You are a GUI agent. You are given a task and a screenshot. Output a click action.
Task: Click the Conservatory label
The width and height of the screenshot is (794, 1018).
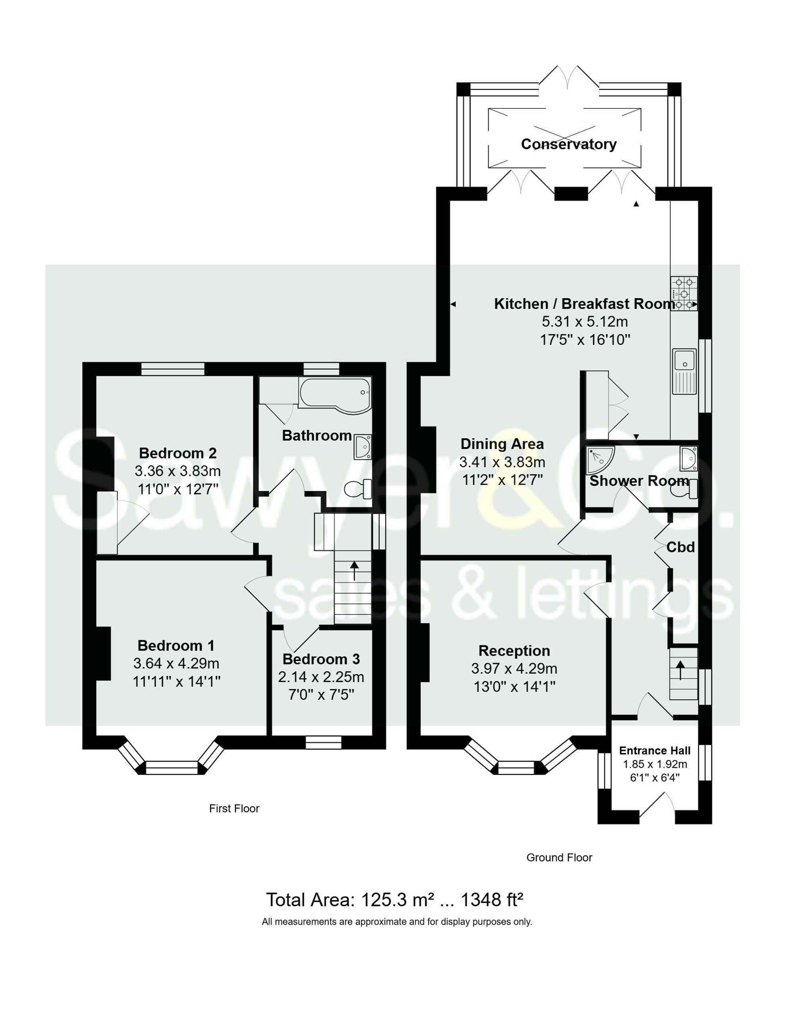[569, 144]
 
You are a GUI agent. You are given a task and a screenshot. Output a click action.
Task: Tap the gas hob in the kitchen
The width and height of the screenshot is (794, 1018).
[684, 294]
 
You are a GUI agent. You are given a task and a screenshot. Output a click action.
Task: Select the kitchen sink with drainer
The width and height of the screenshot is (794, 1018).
[684, 371]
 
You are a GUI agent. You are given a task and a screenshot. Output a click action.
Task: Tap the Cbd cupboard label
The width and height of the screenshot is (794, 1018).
[680, 547]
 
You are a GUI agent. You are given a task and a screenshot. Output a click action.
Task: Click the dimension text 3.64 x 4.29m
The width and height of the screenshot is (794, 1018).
[176, 663]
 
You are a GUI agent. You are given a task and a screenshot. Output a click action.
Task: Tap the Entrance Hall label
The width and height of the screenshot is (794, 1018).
[655, 750]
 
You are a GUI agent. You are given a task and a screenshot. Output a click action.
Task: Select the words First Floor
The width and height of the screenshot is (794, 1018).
[234, 809]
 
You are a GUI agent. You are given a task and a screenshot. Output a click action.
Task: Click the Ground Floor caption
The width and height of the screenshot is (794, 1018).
[559, 858]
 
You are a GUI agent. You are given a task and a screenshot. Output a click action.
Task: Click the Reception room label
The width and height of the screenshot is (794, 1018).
[514, 651]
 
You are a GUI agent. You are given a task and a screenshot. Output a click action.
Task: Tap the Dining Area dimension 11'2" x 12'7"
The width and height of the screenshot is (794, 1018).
[502, 480]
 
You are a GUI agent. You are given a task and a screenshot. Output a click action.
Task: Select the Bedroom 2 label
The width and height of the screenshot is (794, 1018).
[177, 453]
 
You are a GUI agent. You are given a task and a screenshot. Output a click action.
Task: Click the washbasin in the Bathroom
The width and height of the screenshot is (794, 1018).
[362, 446]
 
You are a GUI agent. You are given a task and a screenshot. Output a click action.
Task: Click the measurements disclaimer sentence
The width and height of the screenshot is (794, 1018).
[397, 922]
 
